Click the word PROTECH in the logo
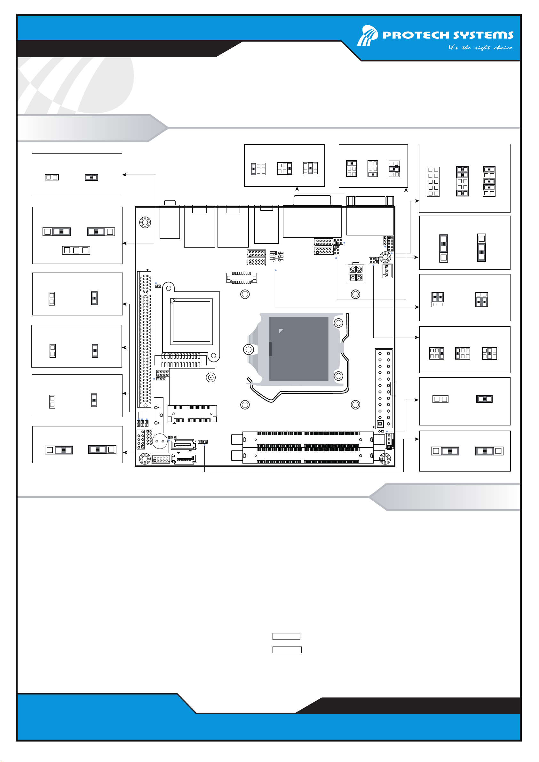pyautogui.click(x=416, y=35)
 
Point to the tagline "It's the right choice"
pyautogui.click(x=480, y=47)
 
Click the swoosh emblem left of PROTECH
pyautogui.click(x=368, y=35)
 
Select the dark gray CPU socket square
pyautogui.click(x=298, y=349)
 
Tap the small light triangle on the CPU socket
pyautogui.click(x=281, y=330)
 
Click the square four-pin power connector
pyautogui.click(x=356, y=273)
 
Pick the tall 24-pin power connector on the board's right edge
pyautogui.click(x=384, y=389)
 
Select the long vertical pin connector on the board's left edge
pyautogui.click(x=145, y=339)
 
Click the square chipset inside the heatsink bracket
pyautogui.click(x=192, y=321)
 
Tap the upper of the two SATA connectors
pyautogui.click(x=184, y=444)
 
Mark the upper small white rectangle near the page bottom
pyautogui.click(x=286, y=636)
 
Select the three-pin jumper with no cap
pyautogui.click(x=76, y=250)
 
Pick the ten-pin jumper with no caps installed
pyautogui.click(x=433, y=181)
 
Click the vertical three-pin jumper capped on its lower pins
pyautogui.click(x=482, y=248)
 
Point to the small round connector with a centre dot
pyautogui.click(x=210, y=377)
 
